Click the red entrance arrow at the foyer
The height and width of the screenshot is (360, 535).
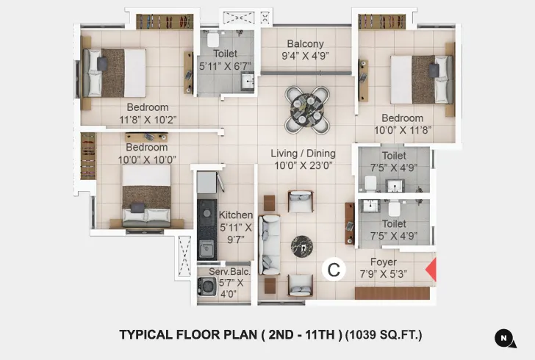click(431, 270)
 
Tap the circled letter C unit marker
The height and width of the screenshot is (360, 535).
click(334, 270)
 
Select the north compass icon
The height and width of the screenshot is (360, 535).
click(504, 338)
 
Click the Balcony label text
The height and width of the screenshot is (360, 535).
click(306, 44)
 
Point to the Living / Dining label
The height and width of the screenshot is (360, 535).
click(303, 154)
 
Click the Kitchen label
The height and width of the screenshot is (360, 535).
click(236, 215)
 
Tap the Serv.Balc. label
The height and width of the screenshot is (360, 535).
click(229, 272)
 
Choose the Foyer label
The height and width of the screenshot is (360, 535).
click(383, 262)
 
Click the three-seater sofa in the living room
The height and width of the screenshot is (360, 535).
click(270, 245)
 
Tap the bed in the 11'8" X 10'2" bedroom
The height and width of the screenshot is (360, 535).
click(115, 72)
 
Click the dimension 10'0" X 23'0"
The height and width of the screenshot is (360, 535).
click(303, 166)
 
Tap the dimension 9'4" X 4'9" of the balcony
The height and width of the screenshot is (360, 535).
click(306, 56)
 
